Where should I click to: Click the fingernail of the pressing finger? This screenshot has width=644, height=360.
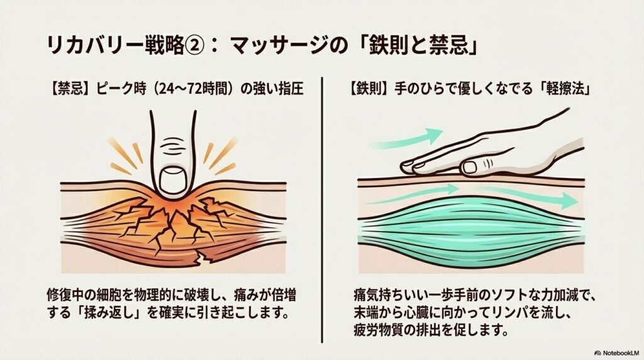[x=173, y=181]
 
